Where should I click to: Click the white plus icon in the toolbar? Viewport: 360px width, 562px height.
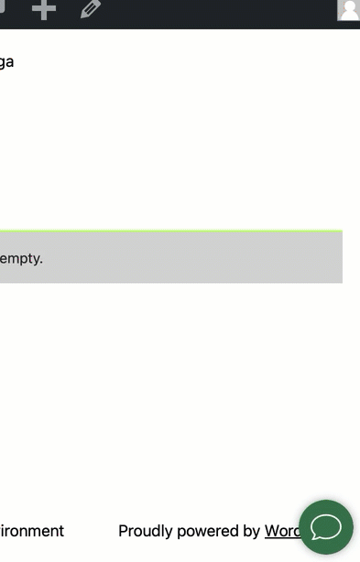pyautogui.click(x=44, y=9)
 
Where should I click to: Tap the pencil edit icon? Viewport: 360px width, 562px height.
pyautogui.click(x=91, y=9)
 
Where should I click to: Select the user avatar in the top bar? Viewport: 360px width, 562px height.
pyautogui.click(x=349, y=10)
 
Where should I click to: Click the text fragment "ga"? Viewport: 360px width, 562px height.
pyautogui.click(x=6, y=62)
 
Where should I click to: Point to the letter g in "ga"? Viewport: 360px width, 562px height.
pyautogui.click(x=3, y=63)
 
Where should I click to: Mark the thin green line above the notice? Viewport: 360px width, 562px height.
pyautogui.click(x=170, y=231)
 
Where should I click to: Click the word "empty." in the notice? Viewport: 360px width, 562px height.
pyautogui.click(x=21, y=258)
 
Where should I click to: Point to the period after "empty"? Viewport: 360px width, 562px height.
pyautogui.click(x=41, y=262)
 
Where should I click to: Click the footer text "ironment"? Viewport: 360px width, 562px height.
pyautogui.click(x=32, y=531)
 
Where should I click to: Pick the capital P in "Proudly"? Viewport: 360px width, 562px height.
pyautogui.click(x=124, y=531)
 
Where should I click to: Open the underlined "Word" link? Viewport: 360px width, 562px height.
pyautogui.click(x=281, y=531)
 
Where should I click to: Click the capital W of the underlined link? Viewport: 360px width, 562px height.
pyautogui.click(x=272, y=531)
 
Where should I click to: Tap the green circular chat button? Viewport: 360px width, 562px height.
pyautogui.click(x=326, y=526)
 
